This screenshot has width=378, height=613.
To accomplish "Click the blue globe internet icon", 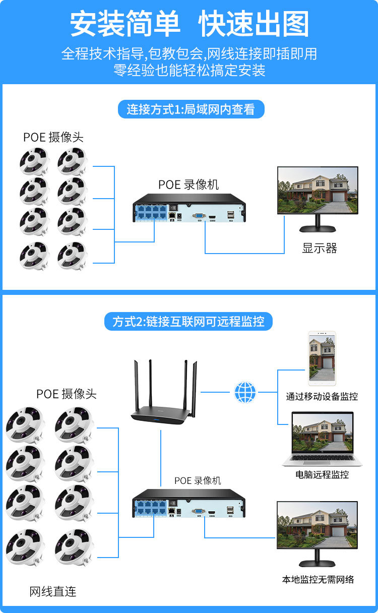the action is point(245,392).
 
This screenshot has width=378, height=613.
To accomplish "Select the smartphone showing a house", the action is point(322,358).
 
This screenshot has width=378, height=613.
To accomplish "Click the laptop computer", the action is point(322,439).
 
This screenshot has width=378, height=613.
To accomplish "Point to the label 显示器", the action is point(320,249).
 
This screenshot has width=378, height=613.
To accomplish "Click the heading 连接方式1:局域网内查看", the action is point(191,109).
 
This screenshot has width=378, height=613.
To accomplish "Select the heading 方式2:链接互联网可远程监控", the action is point(188,321).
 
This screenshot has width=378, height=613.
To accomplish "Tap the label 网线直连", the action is point(53,592).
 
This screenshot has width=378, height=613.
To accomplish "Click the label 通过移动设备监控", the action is point(322,396).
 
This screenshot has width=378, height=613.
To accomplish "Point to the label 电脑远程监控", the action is point(322,474).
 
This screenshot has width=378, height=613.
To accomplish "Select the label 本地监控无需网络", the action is point(318,579).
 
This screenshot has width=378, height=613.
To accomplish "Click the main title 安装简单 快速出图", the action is point(190,24).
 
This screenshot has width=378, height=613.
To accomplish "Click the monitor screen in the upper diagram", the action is point(318,190).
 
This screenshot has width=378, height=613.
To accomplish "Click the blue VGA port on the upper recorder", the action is point(199,216).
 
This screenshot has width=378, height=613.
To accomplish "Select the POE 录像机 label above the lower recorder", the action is point(198,480).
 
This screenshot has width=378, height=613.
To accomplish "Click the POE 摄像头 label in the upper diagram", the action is point(53,137).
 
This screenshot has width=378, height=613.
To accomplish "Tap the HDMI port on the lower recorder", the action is point(212,512).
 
